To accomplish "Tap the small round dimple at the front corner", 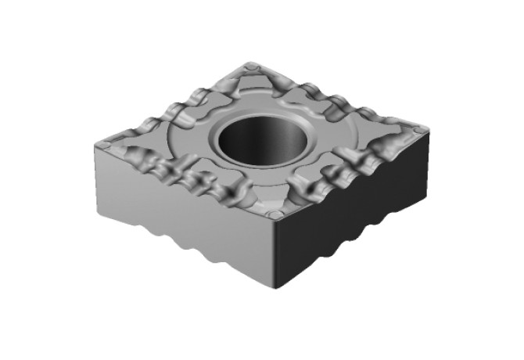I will (273, 214).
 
